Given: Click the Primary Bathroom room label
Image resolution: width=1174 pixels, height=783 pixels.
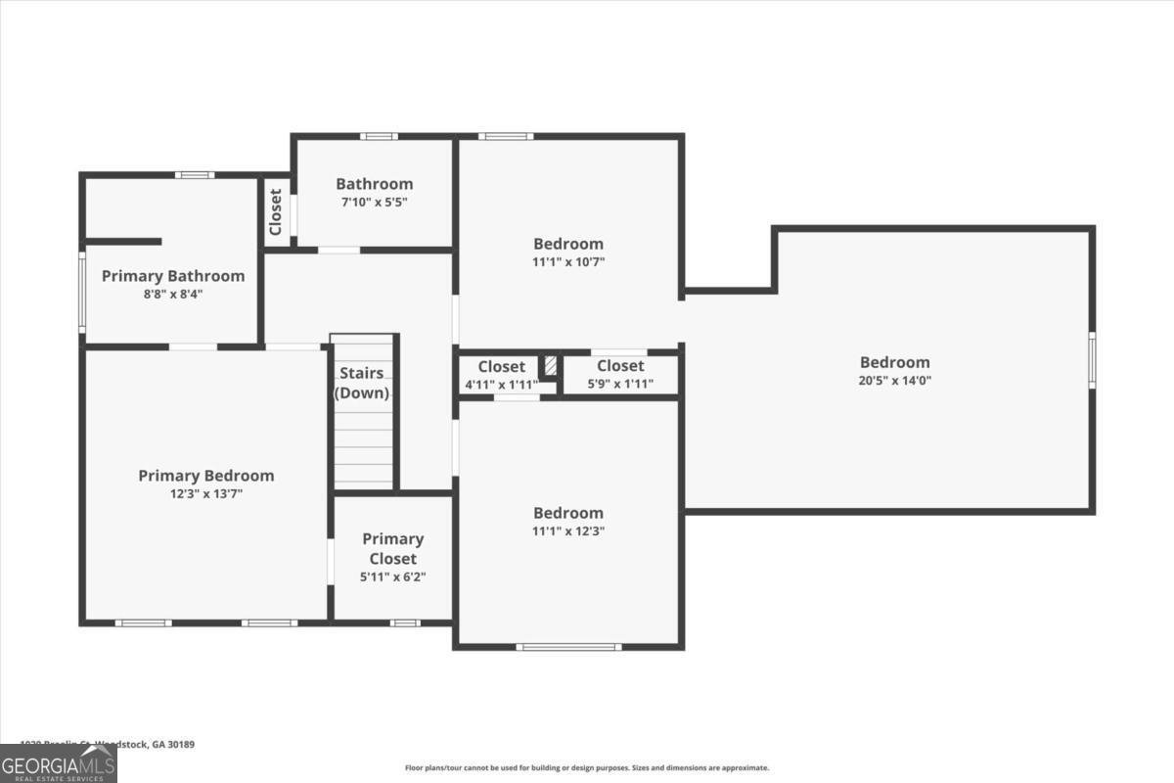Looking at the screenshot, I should (173, 276).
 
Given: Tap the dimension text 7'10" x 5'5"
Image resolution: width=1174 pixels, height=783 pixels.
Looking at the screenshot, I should (373, 202).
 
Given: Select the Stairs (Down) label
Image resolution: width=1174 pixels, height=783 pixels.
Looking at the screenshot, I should (362, 384).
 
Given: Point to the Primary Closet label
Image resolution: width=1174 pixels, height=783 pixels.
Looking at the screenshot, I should (392, 548).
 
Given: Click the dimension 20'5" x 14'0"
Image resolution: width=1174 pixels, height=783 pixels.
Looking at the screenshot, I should (894, 381).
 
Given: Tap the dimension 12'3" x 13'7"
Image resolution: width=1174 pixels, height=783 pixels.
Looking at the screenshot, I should (205, 494).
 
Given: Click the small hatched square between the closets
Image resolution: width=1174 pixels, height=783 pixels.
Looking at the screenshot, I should (551, 365).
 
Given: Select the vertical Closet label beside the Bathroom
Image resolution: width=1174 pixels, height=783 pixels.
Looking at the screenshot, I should (276, 211).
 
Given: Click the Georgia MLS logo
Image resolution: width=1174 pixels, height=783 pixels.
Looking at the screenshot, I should (58, 763).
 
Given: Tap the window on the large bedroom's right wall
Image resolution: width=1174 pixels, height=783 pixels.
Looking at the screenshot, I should (1092, 360).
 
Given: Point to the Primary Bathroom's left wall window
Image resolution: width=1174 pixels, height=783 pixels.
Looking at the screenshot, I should (82, 291).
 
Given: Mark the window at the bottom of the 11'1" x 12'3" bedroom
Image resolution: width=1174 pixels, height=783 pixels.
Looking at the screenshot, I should (568, 646).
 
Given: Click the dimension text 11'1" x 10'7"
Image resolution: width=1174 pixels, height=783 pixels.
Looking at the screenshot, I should (568, 261).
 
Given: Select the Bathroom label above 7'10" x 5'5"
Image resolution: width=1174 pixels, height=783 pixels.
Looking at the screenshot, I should (374, 183).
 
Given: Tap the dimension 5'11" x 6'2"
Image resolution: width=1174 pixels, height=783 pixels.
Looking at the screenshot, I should (392, 577).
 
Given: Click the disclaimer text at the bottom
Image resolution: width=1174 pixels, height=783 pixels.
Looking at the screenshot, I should (587, 768).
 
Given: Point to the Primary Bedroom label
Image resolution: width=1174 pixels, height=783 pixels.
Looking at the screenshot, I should (205, 476).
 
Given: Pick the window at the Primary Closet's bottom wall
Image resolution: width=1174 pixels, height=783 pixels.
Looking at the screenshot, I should (404, 622).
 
